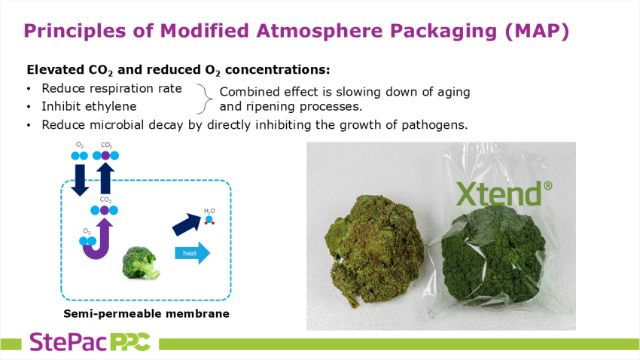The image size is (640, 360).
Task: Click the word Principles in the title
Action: click(75, 32)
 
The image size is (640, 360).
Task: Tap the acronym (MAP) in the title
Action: click(537, 32)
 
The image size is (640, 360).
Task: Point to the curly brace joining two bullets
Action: click(205, 99)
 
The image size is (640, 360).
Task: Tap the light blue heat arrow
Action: click(192, 253)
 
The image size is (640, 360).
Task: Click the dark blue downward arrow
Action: click(80, 179)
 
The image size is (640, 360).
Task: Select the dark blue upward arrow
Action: click(105, 178)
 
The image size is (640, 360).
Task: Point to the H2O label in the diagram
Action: click(209, 211)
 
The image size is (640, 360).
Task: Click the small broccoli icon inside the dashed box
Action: click(140, 263)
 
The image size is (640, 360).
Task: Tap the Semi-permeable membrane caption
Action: click(146, 313)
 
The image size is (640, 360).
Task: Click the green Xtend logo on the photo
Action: click(504, 194)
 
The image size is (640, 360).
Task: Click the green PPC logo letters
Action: click(130, 342)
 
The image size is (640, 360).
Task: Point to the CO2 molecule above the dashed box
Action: click(105, 155)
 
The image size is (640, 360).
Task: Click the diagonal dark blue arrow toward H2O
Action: click(187, 224)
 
